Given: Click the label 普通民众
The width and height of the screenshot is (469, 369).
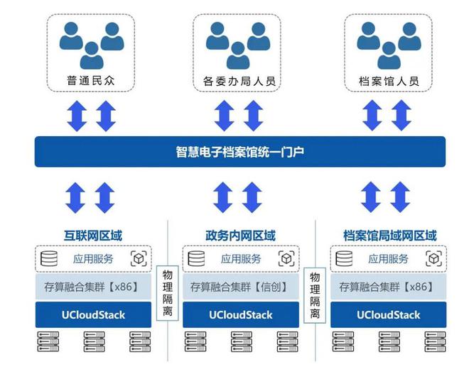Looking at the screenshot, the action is (91, 80).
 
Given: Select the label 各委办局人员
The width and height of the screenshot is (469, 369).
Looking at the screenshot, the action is (239, 81).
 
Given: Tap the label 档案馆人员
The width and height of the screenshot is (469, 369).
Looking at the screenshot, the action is (389, 81).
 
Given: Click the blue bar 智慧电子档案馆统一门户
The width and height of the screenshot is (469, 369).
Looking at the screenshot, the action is (240, 151).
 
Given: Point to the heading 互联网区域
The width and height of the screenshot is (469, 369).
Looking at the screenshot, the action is (93, 236).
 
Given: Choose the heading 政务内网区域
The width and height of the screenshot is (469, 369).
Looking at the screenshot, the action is (240, 236).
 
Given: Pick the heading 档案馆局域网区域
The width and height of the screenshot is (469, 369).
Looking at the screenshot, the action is (390, 236).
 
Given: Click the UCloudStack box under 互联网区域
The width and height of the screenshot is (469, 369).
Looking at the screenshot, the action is (93, 314).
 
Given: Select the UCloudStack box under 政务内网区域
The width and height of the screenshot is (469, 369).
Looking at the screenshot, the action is (241, 314).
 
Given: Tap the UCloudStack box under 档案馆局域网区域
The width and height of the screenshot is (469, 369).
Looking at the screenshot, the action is (388, 314).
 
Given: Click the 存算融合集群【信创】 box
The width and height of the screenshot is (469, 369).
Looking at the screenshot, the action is (241, 287).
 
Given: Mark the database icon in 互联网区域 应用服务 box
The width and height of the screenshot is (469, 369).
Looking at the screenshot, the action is (49, 258).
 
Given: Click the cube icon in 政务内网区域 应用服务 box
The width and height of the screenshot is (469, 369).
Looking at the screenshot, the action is (286, 258).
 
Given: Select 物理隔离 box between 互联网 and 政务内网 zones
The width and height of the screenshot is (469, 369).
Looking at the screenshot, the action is (168, 293).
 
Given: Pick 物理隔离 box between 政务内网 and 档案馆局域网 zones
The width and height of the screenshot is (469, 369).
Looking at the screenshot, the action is (315, 295).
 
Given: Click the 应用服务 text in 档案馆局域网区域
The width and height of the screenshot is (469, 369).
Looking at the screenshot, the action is (388, 259).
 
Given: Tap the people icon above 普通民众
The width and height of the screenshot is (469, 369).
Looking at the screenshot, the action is (92, 45).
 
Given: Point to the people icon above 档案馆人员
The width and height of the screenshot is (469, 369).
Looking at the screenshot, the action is (389, 45).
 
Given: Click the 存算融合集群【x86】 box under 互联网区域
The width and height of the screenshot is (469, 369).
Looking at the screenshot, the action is (93, 287).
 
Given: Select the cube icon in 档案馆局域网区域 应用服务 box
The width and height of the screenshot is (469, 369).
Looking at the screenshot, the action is (433, 258).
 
